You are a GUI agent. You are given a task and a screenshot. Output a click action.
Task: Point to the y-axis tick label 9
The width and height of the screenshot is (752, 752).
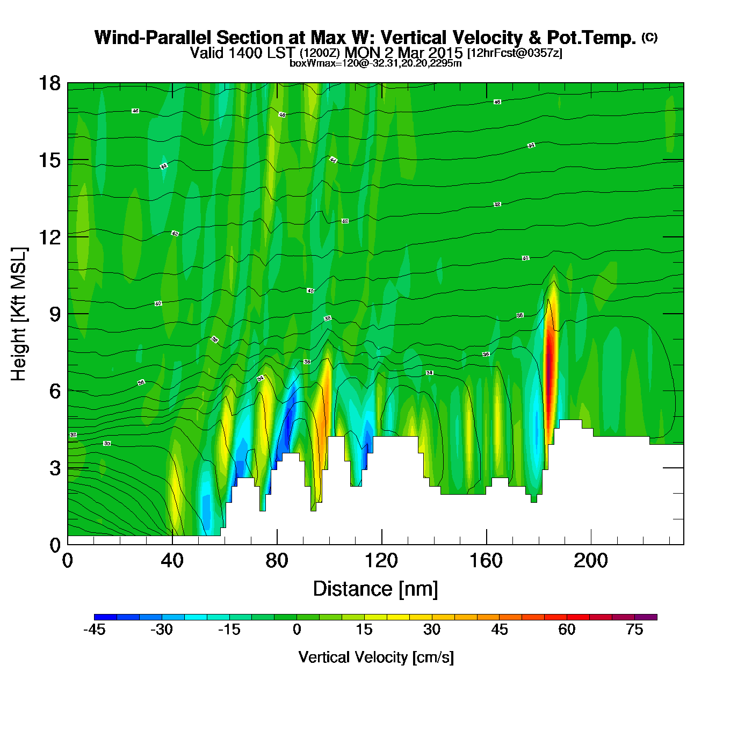pos(55,314)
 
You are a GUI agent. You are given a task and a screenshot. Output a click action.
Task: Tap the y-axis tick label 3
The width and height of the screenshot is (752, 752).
pos(55,468)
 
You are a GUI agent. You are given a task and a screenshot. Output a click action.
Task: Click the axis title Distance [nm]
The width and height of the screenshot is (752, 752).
pos(375,589)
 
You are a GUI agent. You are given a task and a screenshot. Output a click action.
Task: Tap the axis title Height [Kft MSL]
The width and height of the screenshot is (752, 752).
pos(19,314)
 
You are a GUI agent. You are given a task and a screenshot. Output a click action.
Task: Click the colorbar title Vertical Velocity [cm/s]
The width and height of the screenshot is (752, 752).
pos(376,657)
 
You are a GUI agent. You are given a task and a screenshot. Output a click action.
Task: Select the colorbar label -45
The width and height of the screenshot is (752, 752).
pos(94,630)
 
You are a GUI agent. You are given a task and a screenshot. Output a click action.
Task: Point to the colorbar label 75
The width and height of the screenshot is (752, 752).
pos(634,630)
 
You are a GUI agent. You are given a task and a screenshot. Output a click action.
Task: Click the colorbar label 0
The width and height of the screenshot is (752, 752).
pos(297,630)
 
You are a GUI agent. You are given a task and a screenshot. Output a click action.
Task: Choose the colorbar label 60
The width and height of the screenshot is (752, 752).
pos(567,630)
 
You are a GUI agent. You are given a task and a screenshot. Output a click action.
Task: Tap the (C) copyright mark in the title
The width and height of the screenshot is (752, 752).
pos(649,37)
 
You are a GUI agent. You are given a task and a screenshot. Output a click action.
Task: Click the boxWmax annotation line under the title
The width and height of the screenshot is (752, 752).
pos(375,63)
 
